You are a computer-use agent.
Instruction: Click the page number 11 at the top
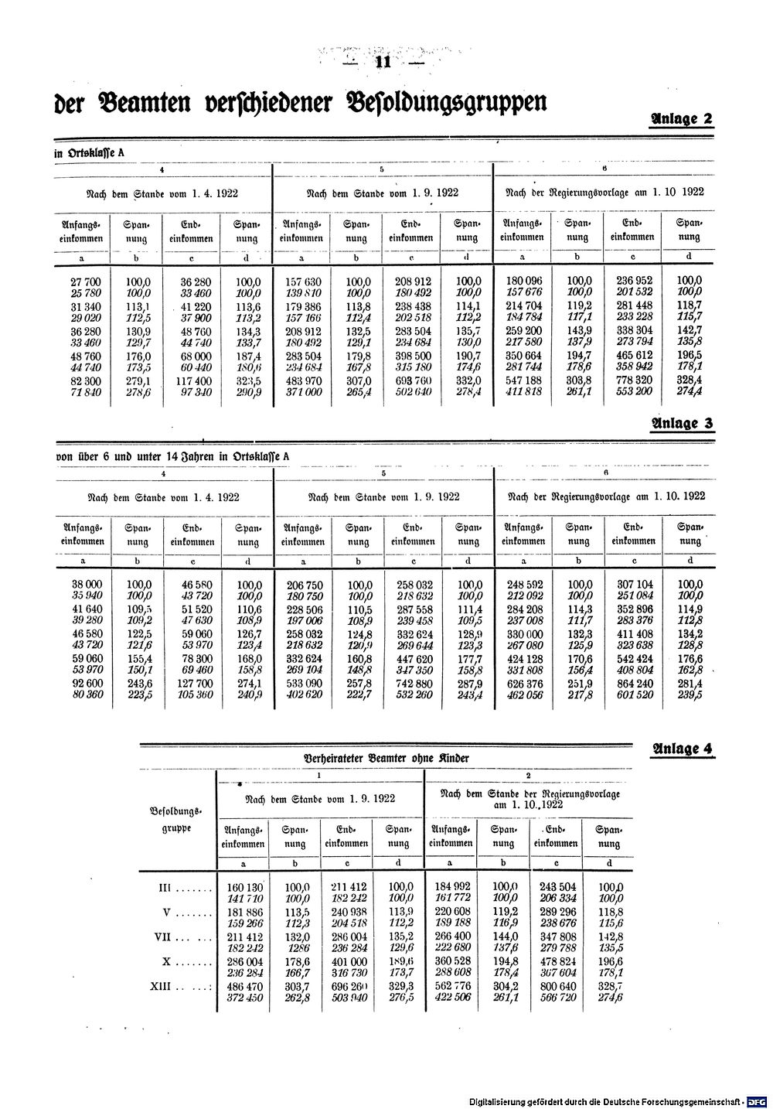[x=380, y=63]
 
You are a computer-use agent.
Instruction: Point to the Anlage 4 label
[x=682, y=748]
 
